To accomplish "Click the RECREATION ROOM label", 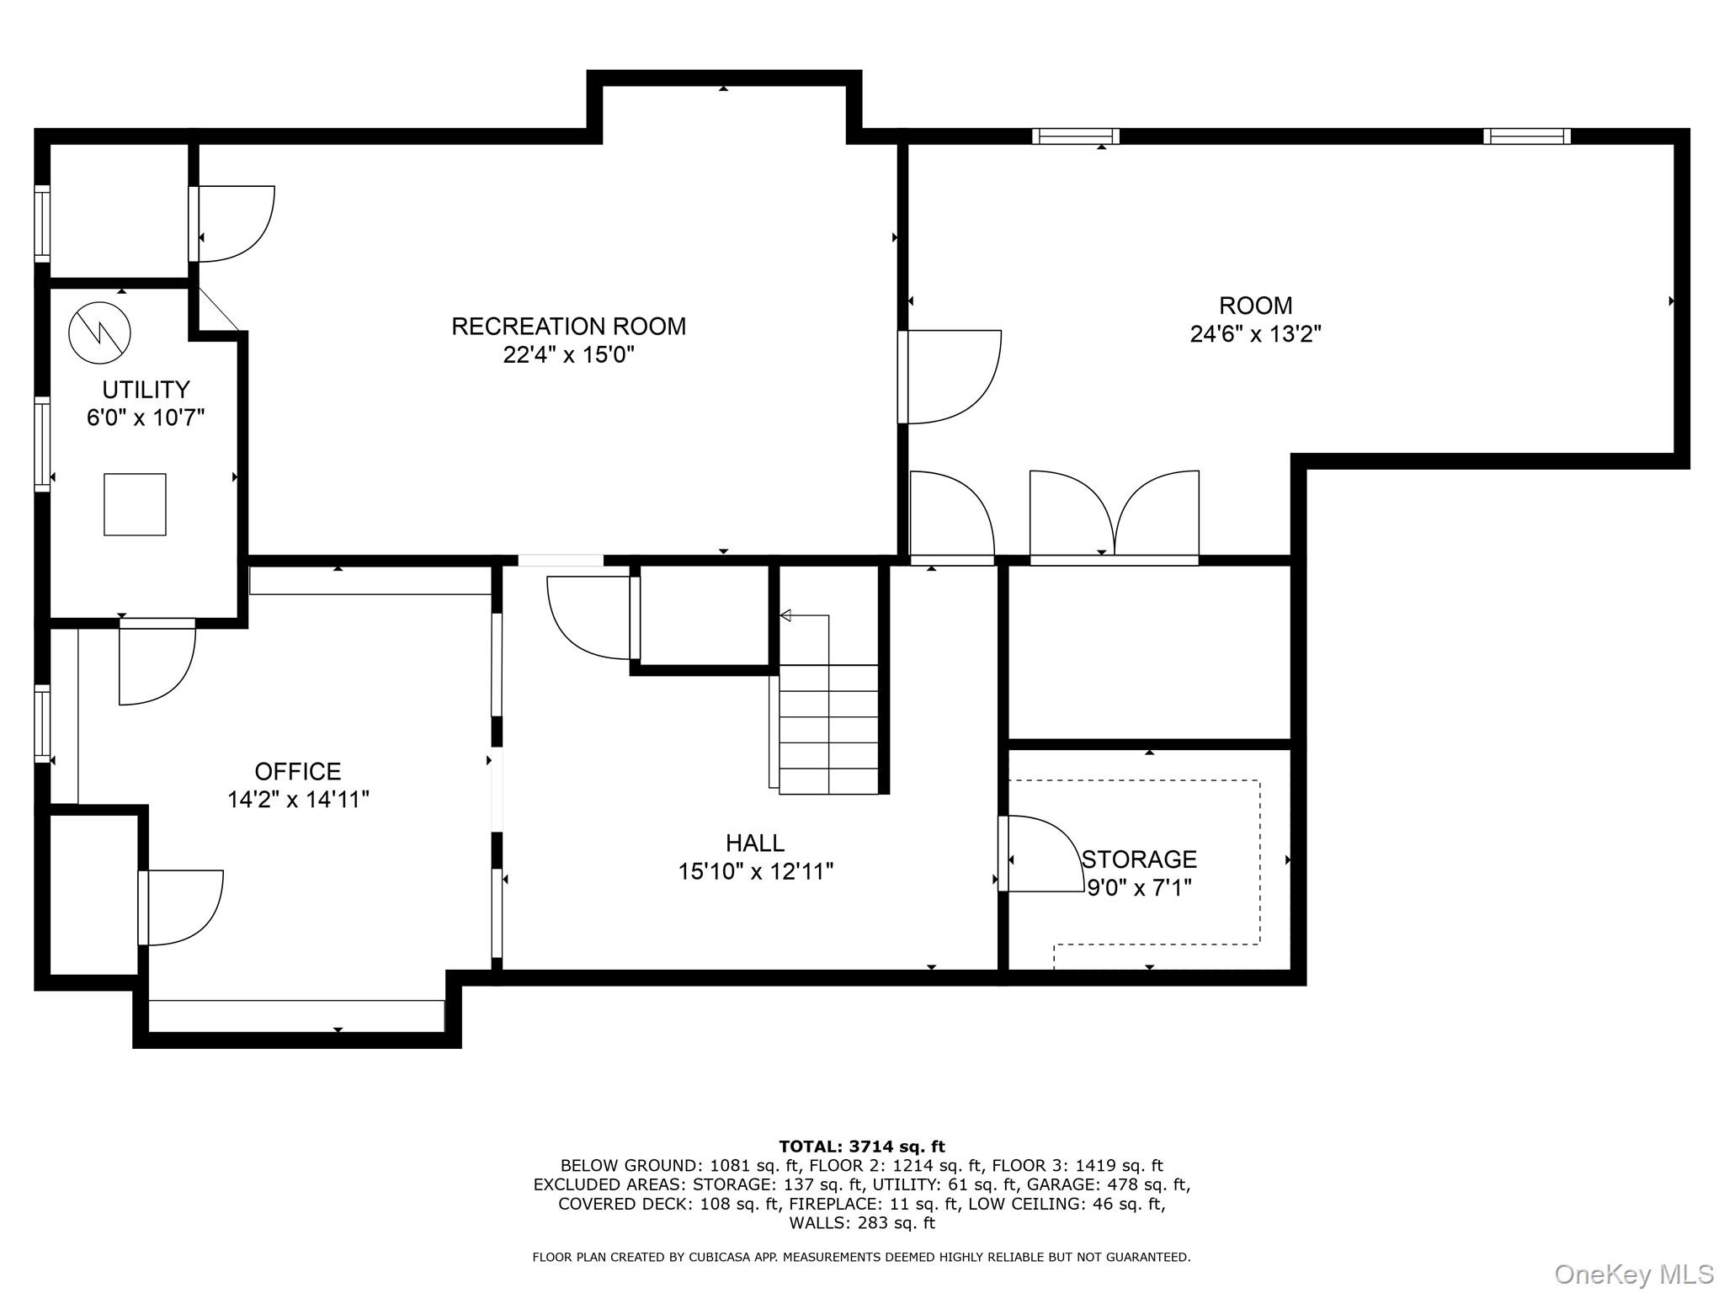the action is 568,326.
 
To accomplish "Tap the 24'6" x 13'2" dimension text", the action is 1255,334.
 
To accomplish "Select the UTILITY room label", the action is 146,390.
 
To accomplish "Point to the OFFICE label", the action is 298,771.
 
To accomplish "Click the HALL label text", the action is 755,843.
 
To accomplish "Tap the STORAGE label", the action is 1139,859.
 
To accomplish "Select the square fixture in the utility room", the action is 135,504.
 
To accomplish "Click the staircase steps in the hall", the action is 828,729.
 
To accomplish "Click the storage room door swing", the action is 1044,854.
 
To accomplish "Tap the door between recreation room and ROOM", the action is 950,376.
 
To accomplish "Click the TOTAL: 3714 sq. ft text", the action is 862,1147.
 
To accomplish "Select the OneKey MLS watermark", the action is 1634,1274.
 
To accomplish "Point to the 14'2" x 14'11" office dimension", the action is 298,800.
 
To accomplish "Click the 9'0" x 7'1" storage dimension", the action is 1139,888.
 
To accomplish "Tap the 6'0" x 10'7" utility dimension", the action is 146,418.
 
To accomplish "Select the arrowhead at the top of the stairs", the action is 785,615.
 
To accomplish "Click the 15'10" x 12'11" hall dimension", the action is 755,871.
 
